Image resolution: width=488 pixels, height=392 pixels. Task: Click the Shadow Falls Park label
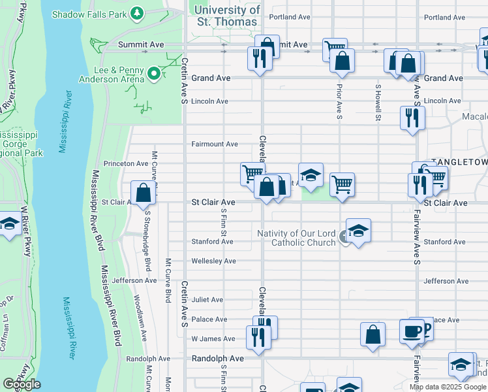click(x=89, y=14)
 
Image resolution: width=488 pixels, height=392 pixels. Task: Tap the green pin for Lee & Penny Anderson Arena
click(x=154, y=74)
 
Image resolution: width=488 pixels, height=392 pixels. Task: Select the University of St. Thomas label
click(x=227, y=16)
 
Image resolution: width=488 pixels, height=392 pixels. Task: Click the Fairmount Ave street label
click(x=214, y=144)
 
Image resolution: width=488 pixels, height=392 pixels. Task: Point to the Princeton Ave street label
click(x=126, y=163)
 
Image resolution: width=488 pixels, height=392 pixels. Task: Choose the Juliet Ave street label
click(x=207, y=300)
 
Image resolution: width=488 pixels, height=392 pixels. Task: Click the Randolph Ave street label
click(x=217, y=359)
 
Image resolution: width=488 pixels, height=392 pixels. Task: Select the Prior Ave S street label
click(x=339, y=101)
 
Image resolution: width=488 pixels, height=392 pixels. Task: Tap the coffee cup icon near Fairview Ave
click(x=411, y=331)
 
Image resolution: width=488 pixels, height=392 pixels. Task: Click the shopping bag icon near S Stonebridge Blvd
click(x=143, y=193)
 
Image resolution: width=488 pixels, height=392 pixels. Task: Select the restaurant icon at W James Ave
click(x=259, y=336)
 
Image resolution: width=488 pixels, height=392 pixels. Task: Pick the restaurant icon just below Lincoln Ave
click(x=412, y=117)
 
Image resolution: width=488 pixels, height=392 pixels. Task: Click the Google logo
click(x=22, y=384)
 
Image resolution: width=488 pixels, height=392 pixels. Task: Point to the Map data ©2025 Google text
click(x=448, y=387)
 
